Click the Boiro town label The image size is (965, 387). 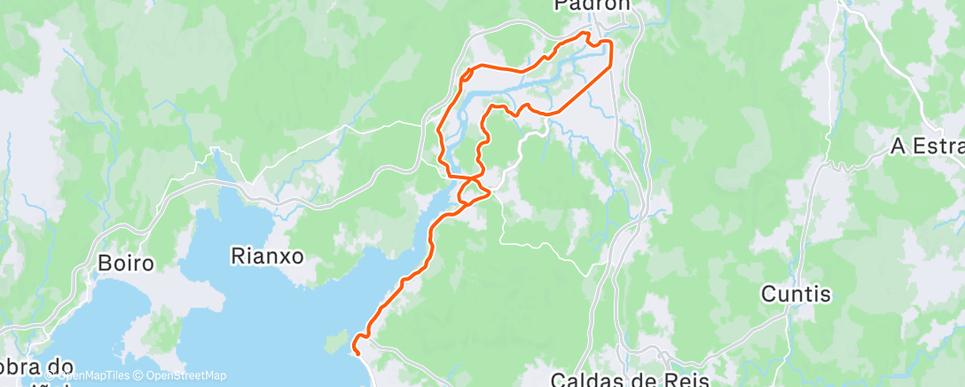(126, 264)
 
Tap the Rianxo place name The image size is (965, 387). (267, 257)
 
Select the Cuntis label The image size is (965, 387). (796, 293)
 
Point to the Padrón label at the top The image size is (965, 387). (592, 5)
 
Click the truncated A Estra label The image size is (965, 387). (927, 146)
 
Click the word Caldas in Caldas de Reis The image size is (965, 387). (587, 380)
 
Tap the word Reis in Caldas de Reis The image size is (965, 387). (685, 380)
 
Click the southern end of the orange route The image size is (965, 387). (357, 352)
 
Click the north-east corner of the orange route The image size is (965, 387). (610, 42)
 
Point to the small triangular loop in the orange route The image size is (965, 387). (472, 188)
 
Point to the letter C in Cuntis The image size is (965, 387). (768, 293)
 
